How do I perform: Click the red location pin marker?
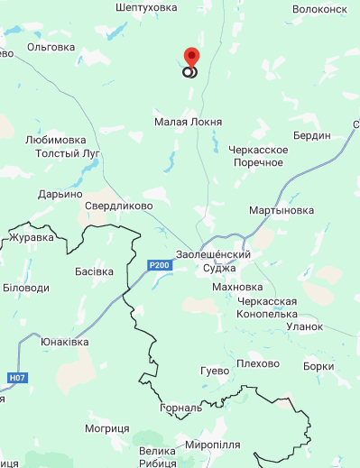pos(190,57)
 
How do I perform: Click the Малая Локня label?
pos(188,122)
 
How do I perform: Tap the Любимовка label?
pos(56,140)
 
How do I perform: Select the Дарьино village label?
pos(60,194)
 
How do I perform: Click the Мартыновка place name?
pos(282,210)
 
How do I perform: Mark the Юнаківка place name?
pos(65,343)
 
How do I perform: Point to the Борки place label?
pos(319,366)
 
